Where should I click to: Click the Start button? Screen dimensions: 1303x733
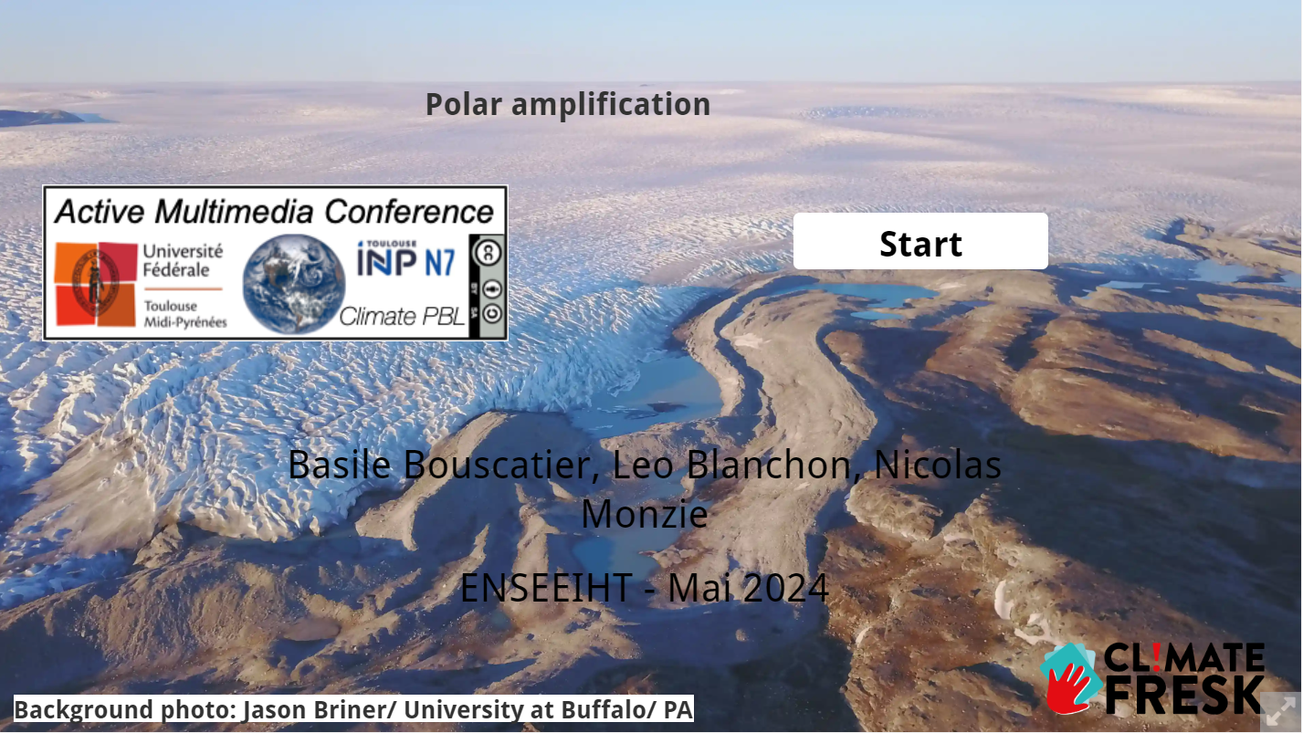pyautogui.click(x=920, y=241)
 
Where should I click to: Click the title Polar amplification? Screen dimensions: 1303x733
pyautogui.click(x=568, y=105)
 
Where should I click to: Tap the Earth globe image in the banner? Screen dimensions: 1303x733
pyautogui.click(x=294, y=284)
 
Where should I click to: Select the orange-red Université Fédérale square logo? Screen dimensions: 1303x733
pyautogui.click(x=96, y=284)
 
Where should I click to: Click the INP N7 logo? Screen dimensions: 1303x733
pyautogui.click(x=406, y=259)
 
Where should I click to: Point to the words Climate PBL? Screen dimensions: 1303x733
pyautogui.click(x=402, y=317)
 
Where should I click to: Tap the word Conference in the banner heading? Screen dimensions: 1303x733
pyautogui.click(x=409, y=211)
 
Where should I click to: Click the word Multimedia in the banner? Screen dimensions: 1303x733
pyautogui.click(x=236, y=211)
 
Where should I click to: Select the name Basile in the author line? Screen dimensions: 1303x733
pyautogui.click(x=339, y=465)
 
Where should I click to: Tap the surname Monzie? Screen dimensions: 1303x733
pyautogui.click(x=645, y=514)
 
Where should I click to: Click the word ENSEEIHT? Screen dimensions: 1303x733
pyautogui.click(x=546, y=588)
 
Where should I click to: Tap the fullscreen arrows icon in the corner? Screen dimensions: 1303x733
pyautogui.click(x=1280, y=711)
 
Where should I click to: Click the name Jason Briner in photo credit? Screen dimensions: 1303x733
pyautogui.click(x=315, y=710)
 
